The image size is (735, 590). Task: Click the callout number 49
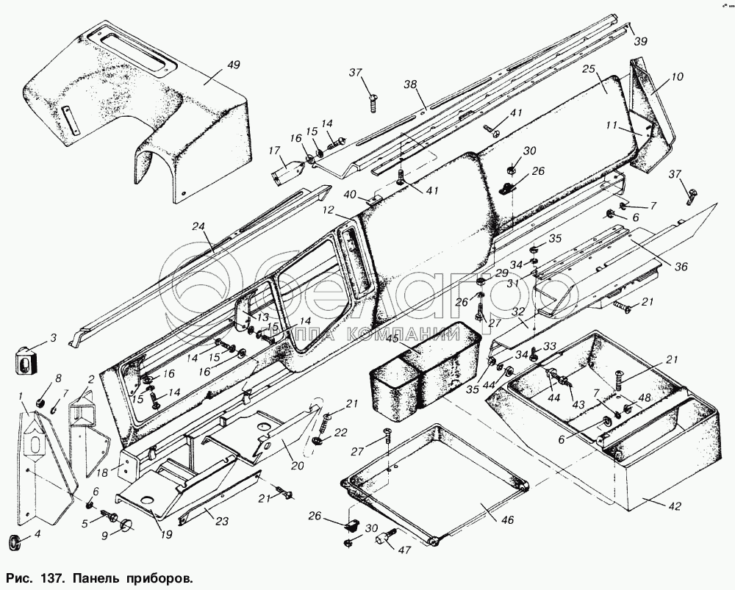pos(233,65)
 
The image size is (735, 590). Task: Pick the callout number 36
pos(681,267)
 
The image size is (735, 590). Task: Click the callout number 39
pos(641,42)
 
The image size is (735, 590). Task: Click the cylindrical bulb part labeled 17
pos(289,176)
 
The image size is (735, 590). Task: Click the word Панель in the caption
pos(86,578)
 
